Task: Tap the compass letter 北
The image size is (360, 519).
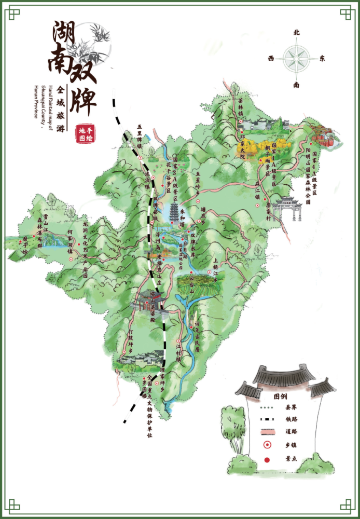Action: point(297,32)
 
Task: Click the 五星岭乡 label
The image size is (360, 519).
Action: point(198,182)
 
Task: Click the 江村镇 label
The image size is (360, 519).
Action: point(178,351)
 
